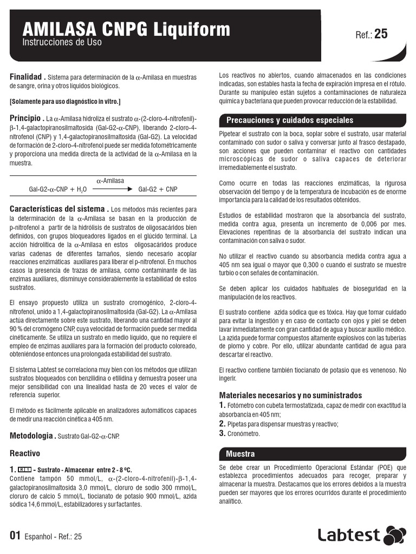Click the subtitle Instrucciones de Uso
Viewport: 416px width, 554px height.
(x=62, y=42)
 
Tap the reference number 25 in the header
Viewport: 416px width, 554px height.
(x=381, y=34)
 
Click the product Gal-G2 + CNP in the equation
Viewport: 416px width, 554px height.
(x=158, y=190)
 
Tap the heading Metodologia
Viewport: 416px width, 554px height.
(x=32, y=436)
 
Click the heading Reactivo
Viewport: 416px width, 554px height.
(x=25, y=453)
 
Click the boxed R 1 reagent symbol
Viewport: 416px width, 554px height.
(x=25, y=470)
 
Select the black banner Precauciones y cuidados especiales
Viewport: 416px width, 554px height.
(x=289, y=120)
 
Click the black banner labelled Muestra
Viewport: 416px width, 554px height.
(x=240, y=453)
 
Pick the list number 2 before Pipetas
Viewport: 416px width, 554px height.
(x=222, y=424)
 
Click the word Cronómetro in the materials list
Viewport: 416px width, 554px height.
(x=244, y=434)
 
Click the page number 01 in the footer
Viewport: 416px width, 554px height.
(x=15, y=536)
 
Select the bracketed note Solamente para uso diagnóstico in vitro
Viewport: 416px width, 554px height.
(x=66, y=101)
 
